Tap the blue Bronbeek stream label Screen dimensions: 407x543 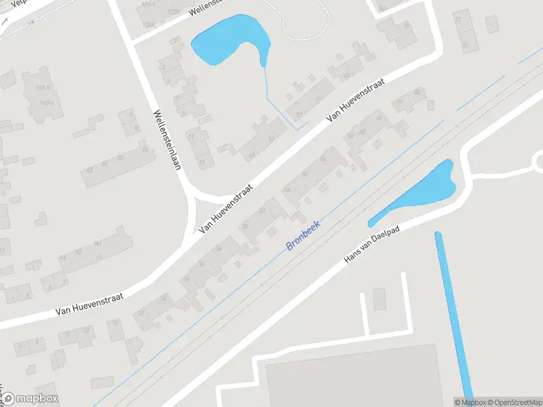click(303, 235)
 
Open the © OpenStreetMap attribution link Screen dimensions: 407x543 click(514, 402)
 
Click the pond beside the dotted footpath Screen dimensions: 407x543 click(227, 41)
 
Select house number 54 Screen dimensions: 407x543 click(323, 159)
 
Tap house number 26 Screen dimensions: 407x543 click(185, 279)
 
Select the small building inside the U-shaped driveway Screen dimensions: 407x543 click(379, 298)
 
